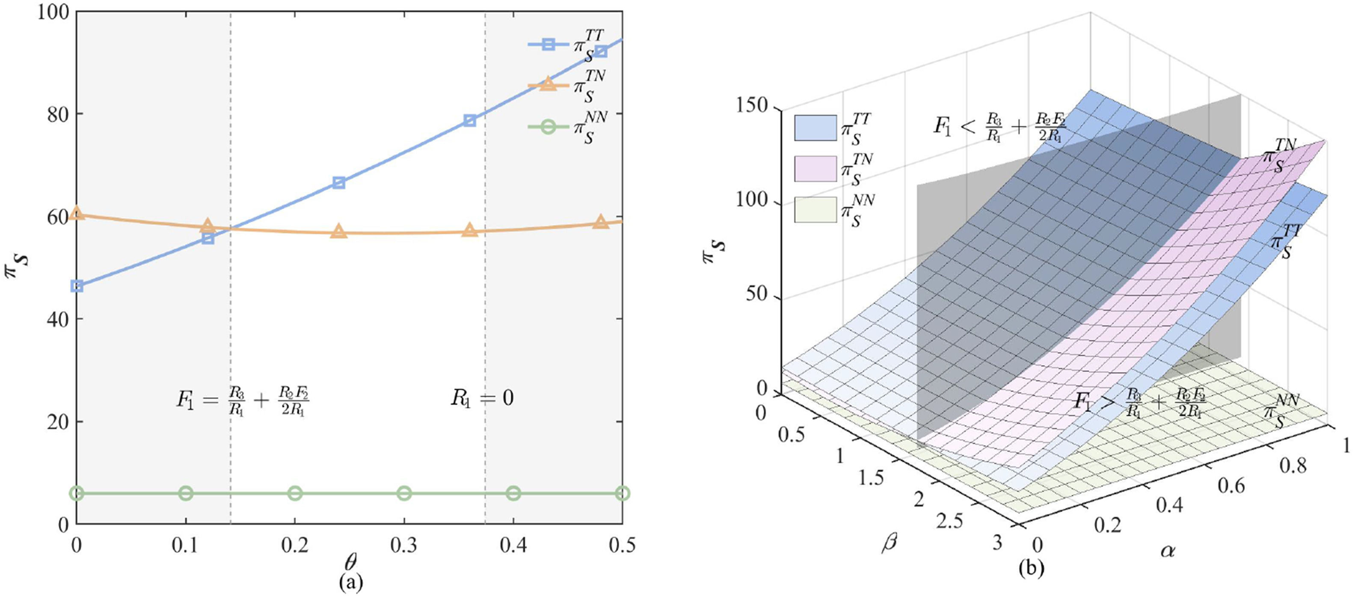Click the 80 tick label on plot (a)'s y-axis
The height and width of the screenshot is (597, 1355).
pos(58,115)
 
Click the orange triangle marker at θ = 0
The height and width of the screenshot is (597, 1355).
pos(77,213)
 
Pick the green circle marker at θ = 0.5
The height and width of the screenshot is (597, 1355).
pos(622,493)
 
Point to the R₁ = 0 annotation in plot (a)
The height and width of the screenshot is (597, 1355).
pos(481,398)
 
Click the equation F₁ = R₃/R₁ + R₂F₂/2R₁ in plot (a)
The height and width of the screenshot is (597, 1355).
pos(243,400)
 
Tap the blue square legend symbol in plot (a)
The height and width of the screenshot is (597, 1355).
pos(549,45)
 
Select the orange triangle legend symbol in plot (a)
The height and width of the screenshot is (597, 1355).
pos(548,84)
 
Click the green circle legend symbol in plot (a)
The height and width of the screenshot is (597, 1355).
pos(548,127)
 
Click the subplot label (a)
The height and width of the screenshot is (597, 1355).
pos(350,582)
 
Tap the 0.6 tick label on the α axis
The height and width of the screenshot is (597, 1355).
pos(1231,485)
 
